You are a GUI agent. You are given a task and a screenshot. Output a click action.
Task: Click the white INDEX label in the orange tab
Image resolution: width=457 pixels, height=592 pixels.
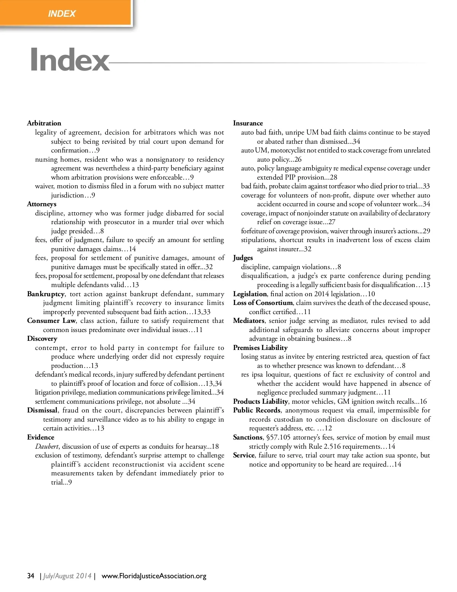click(62, 14)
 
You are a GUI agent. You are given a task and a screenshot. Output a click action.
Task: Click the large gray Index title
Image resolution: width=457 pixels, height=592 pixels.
click(70, 59)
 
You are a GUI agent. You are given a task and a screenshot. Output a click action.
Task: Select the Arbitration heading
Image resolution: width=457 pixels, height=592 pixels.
click(44, 123)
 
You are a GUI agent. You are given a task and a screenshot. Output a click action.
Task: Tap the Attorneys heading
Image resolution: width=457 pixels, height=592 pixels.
click(42, 204)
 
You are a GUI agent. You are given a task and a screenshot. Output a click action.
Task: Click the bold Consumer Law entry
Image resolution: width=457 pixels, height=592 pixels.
click(51, 321)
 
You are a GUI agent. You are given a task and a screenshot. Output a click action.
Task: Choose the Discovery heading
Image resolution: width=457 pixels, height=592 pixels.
click(42, 339)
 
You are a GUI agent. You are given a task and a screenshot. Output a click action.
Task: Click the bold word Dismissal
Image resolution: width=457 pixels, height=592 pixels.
click(42, 410)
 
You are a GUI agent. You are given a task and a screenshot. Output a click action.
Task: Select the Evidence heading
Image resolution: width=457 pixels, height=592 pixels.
click(41, 437)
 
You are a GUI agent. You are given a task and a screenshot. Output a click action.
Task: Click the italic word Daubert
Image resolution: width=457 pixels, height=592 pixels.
click(48, 446)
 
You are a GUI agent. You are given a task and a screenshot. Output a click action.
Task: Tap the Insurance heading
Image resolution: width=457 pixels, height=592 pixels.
click(248, 123)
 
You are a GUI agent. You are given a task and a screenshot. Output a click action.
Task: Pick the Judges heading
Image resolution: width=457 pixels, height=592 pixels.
click(243, 258)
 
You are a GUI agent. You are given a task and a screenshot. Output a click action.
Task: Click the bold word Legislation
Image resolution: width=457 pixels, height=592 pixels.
click(250, 294)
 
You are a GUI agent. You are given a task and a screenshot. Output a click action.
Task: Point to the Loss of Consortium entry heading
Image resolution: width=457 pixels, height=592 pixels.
click(263, 303)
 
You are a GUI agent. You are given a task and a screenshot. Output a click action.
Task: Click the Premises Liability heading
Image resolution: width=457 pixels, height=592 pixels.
click(260, 348)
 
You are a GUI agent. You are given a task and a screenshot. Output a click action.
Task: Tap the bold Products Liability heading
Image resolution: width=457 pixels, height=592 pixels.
click(260, 401)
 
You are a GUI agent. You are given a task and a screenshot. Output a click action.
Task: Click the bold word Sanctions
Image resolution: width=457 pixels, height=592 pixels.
click(248, 437)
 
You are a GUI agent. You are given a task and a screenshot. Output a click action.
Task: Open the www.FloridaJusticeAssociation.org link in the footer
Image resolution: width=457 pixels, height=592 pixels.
click(154, 576)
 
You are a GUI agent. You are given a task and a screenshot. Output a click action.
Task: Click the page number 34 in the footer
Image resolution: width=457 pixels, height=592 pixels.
click(31, 576)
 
